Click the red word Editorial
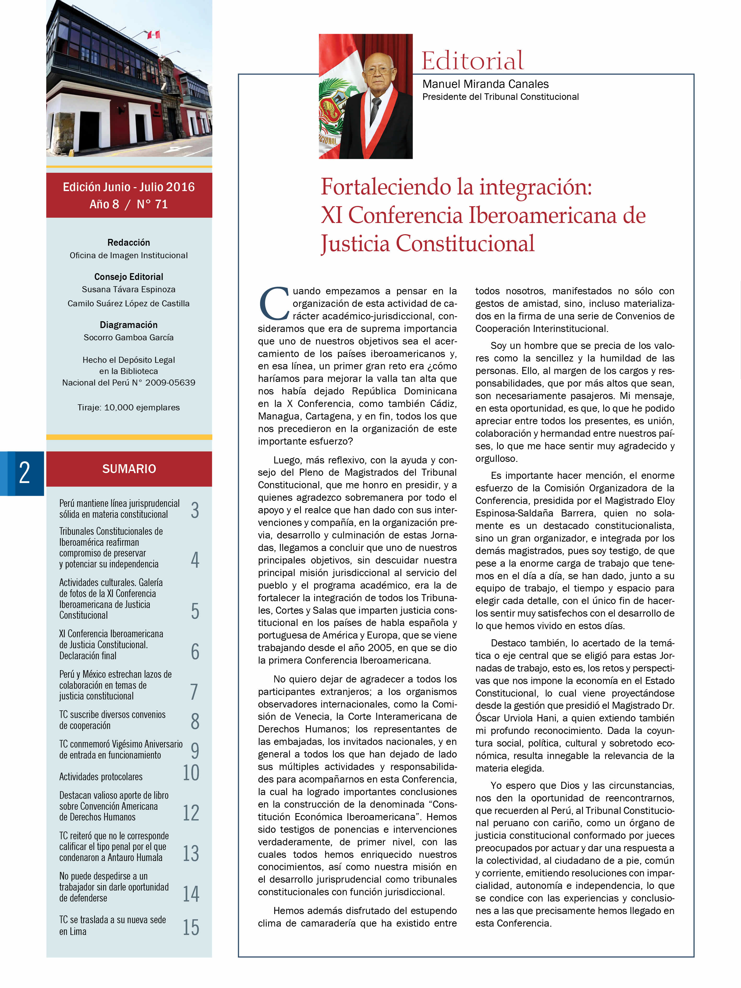click(472, 61)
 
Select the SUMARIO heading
click(129, 469)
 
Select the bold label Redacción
click(129, 243)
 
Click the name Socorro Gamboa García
click(129, 337)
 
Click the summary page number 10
click(191, 773)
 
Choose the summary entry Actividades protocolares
click(101, 777)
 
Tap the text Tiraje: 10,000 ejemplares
click(129, 407)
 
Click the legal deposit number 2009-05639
click(170, 382)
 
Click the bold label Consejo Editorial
click(129, 277)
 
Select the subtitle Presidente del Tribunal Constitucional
click(500, 97)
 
